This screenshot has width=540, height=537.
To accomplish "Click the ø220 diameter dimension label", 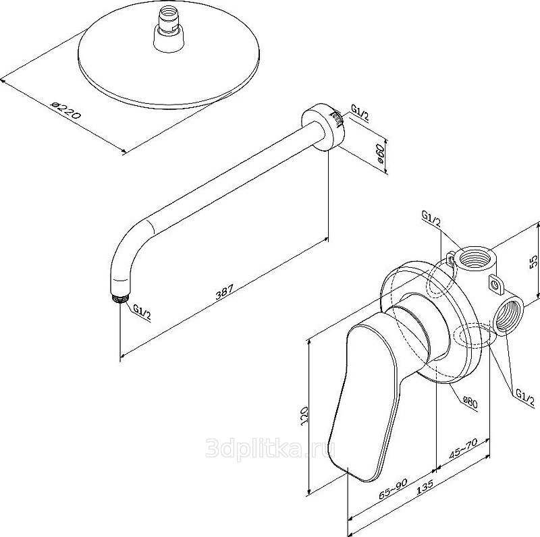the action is pyautogui.click(x=65, y=110).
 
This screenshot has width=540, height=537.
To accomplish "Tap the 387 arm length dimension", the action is pyautogui.click(x=224, y=291).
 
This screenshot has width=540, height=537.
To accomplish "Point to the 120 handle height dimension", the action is pyautogui.click(x=304, y=416).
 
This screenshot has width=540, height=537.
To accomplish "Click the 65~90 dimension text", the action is pyautogui.click(x=393, y=489).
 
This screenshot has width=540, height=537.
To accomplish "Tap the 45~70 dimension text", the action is pyautogui.click(x=463, y=450).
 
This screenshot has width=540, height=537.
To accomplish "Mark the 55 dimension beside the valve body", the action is pyautogui.click(x=533, y=261).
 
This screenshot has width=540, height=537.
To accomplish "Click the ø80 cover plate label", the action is pyautogui.click(x=470, y=403).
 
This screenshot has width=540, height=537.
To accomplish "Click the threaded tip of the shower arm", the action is pyautogui.click(x=119, y=297).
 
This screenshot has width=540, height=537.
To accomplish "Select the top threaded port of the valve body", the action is pyautogui.click(x=475, y=259).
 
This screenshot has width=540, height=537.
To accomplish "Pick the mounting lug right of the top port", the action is pyautogui.click(x=495, y=284).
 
